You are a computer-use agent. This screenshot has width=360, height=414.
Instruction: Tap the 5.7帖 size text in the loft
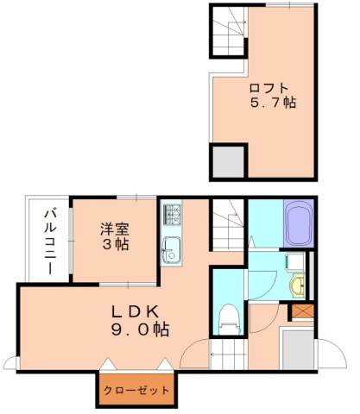(268, 103)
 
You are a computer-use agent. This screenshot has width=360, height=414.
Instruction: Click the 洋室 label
(114, 229)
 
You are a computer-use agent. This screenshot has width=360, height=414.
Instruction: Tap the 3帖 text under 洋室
(114, 245)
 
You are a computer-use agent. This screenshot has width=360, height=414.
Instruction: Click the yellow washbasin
(299, 285)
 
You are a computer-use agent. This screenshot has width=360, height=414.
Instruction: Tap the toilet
(229, 318)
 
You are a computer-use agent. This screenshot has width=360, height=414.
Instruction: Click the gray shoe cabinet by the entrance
(296, 348)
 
